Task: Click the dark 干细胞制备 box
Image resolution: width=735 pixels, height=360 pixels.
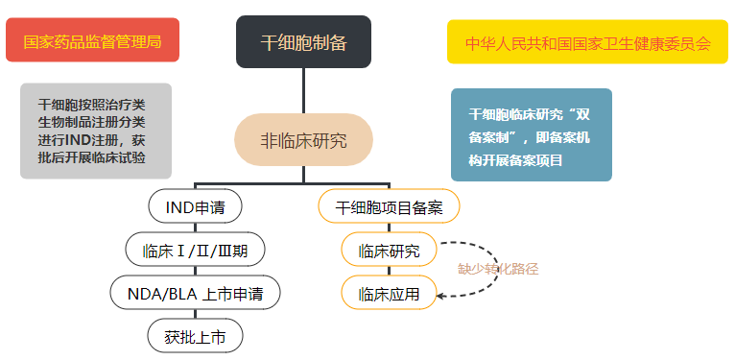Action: pos(303,41)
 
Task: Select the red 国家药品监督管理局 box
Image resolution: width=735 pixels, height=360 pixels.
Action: pos(92,42)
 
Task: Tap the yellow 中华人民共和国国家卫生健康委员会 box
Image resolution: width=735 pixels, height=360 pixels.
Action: pos(587,43)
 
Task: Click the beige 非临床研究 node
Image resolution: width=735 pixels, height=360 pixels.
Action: pos(303,140)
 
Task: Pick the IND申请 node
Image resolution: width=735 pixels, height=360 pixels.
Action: pos(195,206)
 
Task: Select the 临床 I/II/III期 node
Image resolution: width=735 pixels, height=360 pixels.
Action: pos(195,251)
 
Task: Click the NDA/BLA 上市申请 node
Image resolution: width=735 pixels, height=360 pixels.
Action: pos(195,293)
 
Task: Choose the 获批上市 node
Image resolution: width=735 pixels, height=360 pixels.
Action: pos(195,336)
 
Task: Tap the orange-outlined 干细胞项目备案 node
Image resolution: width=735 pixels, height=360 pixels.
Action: pos(389,206)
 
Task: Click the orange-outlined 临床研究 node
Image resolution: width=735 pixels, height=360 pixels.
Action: pos(389,251)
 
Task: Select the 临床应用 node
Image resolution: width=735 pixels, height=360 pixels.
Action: pos(389,293)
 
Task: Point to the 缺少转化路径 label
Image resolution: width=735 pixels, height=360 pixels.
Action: pos(497,269)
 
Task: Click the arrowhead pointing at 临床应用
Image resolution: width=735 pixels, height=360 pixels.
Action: pos(440,295)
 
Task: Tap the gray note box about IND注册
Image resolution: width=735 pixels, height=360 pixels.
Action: pos(96,131)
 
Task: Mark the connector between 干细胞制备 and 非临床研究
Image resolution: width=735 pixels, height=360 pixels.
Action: pos(303,90)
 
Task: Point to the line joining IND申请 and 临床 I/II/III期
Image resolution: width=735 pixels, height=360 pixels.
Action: pos(195,228)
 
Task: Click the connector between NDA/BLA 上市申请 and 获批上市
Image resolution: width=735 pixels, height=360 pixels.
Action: pos(195,315)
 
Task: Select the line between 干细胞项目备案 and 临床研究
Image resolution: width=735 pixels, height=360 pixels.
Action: pos(389,228)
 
